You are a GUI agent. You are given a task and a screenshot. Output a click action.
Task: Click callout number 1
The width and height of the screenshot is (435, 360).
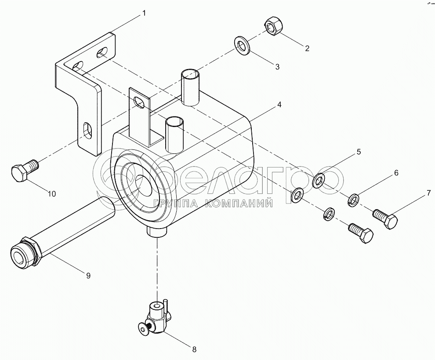coord(144,13)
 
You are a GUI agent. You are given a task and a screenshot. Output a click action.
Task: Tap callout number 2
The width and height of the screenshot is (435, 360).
coord(307,48)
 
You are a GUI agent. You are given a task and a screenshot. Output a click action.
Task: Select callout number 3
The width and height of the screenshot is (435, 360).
coord(277,67)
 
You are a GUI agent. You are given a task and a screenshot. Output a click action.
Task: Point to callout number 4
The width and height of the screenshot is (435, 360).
coord(279,105)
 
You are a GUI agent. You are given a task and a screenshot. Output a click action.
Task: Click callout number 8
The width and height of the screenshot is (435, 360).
coord(194,349)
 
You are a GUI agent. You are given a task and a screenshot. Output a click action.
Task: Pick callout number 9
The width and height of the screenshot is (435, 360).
coord(88,276)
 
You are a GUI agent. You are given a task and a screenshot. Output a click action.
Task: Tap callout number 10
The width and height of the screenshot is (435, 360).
coord(51,194)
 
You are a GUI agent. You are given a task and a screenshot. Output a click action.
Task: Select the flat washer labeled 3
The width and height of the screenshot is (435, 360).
coord(243,45)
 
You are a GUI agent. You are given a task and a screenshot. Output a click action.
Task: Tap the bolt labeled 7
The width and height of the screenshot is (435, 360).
coord(386,218)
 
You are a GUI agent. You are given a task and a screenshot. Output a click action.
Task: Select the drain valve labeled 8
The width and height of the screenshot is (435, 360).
coord(155,318)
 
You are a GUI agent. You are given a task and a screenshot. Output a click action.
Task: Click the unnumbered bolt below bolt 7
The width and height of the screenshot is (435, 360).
coord(361,233)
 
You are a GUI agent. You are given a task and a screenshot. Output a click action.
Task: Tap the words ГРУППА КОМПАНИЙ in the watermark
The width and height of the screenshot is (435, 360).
coord(213,204)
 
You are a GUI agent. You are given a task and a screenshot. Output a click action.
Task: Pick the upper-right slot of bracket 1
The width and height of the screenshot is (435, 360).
coord(102,52)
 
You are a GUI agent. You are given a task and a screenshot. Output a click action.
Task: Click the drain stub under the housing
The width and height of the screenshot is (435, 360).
coord(157,231)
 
